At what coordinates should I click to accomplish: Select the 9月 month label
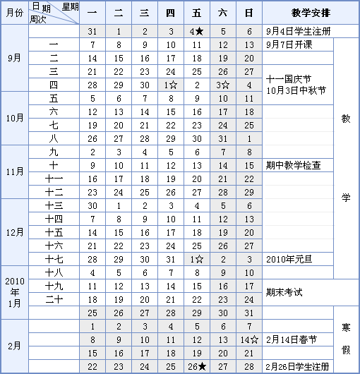(x=14, y=59)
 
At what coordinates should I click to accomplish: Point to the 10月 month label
(x=14, y=119)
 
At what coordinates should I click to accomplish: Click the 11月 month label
(x=14, y=171)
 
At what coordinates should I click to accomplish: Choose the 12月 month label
(x=14, y=226)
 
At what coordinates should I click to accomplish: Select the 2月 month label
(x=14, y=346)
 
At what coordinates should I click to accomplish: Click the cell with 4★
(x=197, y=32)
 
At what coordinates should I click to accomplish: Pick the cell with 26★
(x=197, y=366)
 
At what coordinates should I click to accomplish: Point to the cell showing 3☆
(x=222, y=85)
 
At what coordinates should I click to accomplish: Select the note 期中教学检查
(x=294, y=166)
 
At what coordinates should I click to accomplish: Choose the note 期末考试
(x=285, y=292)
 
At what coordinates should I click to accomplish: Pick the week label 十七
(x=54, y=259)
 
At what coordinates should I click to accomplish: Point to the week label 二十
(x=54, y=299)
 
